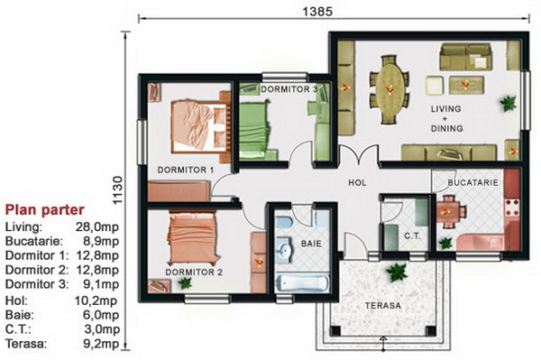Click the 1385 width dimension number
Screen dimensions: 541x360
pyautogui.click(x=317, y=12)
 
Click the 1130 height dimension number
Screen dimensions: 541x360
pyautogui.click(x=117, y=190)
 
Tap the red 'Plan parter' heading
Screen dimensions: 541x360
pyautogui.click(x=45, y=210)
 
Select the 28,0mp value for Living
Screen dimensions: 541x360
pyautogui.click(x=97, y=227)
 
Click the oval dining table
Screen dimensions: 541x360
pyautogui.click(x=390, y=89)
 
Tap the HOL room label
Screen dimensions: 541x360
pyautogui.click(x=357, y=182)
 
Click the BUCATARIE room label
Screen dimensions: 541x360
pyautogui.click(x=472, y=182)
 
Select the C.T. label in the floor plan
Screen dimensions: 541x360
pyautogui.click(x=412, y=236)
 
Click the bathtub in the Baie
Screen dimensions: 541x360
pyautogui.click(x=302, y=283)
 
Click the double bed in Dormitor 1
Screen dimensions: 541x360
pyautogui.click(x=200, y=126)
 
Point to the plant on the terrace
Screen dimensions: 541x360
pyautogui.click(x=398, y=272)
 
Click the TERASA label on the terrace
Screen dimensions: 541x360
pyautogui.click(x=383, y=306)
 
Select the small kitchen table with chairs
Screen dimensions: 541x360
pyautogui.click(x=449, y=212)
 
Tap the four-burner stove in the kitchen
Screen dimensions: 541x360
pyautogui.click(x=512, y=207)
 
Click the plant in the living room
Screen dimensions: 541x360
pyautogui.click(x=509, y=103)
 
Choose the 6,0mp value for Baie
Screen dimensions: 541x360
pyautogui.click(x=101, y=315)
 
